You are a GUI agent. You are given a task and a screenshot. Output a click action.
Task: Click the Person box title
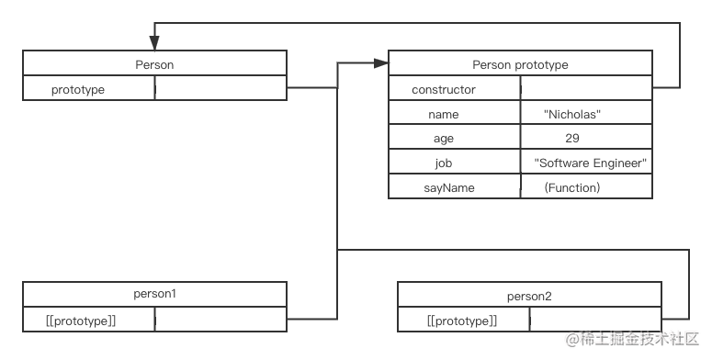(153, 64)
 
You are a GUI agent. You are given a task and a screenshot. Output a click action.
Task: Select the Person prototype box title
(520, 64)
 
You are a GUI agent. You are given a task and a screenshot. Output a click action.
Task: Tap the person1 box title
(154, 294)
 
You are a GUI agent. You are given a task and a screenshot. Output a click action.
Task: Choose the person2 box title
(528, 296)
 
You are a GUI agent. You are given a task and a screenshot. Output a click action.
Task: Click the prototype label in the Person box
(78, 89)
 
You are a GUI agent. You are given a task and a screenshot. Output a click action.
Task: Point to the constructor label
(444, 89)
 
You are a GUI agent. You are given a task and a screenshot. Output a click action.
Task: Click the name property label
(443, 114)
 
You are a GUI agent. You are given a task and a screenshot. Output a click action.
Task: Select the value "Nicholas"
(572, 114)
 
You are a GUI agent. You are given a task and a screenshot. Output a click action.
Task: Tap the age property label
(444, 139)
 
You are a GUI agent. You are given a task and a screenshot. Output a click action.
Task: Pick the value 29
(572, 139)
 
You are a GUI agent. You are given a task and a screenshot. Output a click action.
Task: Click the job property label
(444, 163)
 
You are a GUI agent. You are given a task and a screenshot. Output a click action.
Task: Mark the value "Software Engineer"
(591, 163)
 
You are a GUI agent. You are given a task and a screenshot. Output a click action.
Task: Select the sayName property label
(443, 187)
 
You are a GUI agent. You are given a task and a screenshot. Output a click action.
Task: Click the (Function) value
(571, 187)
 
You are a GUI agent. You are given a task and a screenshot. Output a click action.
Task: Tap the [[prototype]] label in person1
(80, 320)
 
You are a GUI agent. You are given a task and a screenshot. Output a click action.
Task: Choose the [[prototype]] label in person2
(462, 321)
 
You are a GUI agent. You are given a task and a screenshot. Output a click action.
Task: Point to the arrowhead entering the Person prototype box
(381, 63)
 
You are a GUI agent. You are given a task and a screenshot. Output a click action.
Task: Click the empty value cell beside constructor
(586, 89)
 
